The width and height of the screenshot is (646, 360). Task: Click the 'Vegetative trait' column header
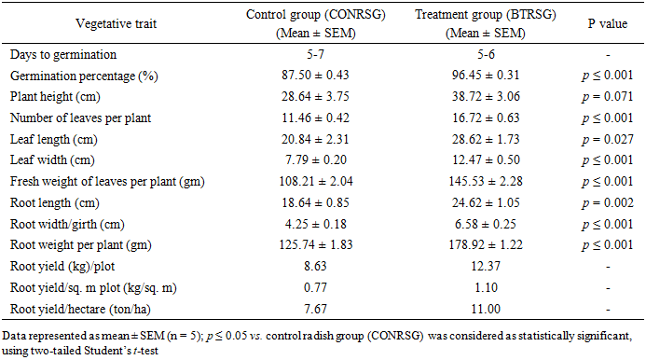117,23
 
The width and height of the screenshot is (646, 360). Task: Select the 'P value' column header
607,23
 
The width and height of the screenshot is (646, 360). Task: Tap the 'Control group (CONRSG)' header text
316,14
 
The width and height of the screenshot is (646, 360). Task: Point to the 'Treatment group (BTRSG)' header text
486,14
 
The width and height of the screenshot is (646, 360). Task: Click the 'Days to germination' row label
63,54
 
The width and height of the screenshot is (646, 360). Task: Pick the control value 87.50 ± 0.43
315,75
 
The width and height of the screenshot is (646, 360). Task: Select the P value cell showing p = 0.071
607,96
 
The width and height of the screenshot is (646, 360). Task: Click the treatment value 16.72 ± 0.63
486,118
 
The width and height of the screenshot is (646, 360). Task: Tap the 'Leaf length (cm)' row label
53,139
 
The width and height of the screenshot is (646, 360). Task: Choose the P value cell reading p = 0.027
607,139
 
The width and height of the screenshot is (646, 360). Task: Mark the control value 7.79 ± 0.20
316,160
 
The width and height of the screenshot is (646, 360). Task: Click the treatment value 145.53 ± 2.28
486,182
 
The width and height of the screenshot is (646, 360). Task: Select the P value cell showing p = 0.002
607,203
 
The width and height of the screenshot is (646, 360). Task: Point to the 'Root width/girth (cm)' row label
67,225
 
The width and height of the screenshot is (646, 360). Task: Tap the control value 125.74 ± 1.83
316,245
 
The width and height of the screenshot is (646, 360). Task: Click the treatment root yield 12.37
486,267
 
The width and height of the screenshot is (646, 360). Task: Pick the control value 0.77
315,287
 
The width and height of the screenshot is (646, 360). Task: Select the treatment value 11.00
486,309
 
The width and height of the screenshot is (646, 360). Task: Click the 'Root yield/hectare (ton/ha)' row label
80,310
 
